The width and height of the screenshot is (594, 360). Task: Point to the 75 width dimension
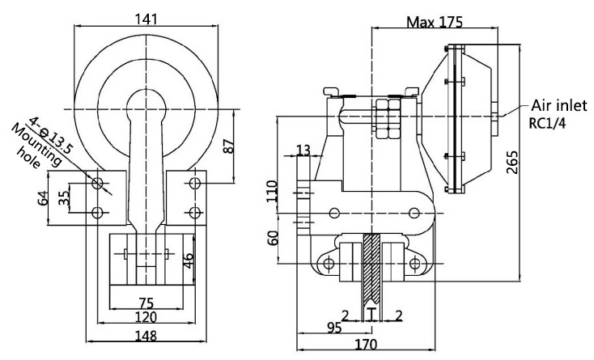pyautogui.click(x=147, y=303)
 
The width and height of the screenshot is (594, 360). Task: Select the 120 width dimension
pyautogui.click(x=147, y=318)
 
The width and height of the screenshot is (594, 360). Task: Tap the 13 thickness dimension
pyautogui.click(x=303, y=150)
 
